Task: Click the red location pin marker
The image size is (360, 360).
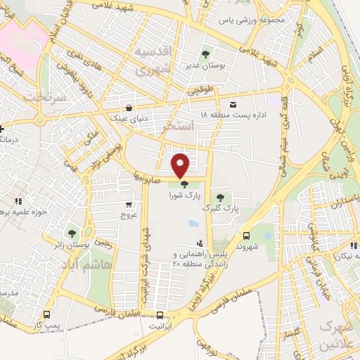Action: tap(181, 165)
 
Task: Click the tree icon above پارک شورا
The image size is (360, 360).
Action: tap(184, 185)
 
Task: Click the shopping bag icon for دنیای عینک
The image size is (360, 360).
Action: tap(130, 108)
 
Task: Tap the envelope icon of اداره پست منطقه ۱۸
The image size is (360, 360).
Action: tap(233, 105)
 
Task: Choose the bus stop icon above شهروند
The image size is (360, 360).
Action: tap(247, 236)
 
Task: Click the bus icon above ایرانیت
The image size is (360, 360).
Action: tap(161, 315)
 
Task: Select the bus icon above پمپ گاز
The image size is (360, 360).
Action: tap(46, 314)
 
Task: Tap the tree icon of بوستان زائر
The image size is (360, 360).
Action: tap(72, 233)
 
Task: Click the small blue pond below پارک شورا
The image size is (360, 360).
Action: tap(193, 224)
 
